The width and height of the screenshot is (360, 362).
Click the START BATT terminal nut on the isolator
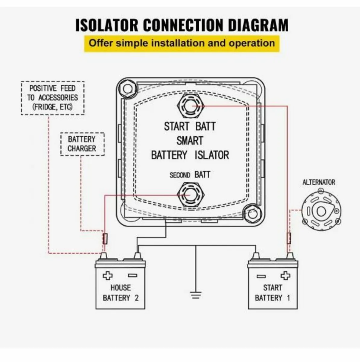190,106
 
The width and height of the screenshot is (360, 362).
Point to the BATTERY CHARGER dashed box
82,144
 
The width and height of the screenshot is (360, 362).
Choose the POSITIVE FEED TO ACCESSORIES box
52,98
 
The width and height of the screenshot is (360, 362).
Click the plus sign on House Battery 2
107,275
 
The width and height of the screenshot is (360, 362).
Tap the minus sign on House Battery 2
133,275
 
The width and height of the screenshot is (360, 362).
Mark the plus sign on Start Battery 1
285,275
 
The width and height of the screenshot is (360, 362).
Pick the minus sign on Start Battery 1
261,276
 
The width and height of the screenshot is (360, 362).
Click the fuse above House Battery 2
105,239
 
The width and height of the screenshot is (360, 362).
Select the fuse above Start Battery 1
289,238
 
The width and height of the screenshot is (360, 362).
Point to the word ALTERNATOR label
319,182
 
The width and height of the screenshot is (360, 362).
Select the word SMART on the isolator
190,141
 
